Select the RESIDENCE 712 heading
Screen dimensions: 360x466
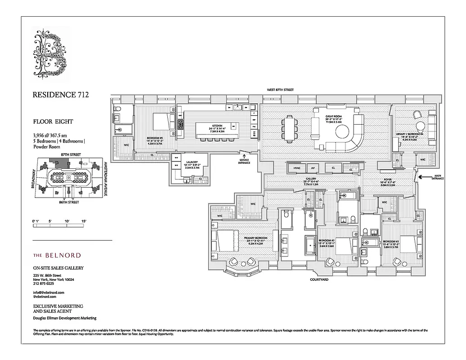61,95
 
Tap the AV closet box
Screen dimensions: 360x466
313,168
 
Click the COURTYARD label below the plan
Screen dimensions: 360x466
319,279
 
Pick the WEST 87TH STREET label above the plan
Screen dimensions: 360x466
280,90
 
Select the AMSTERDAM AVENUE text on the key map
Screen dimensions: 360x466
105,179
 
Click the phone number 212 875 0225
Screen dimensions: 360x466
44,283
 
